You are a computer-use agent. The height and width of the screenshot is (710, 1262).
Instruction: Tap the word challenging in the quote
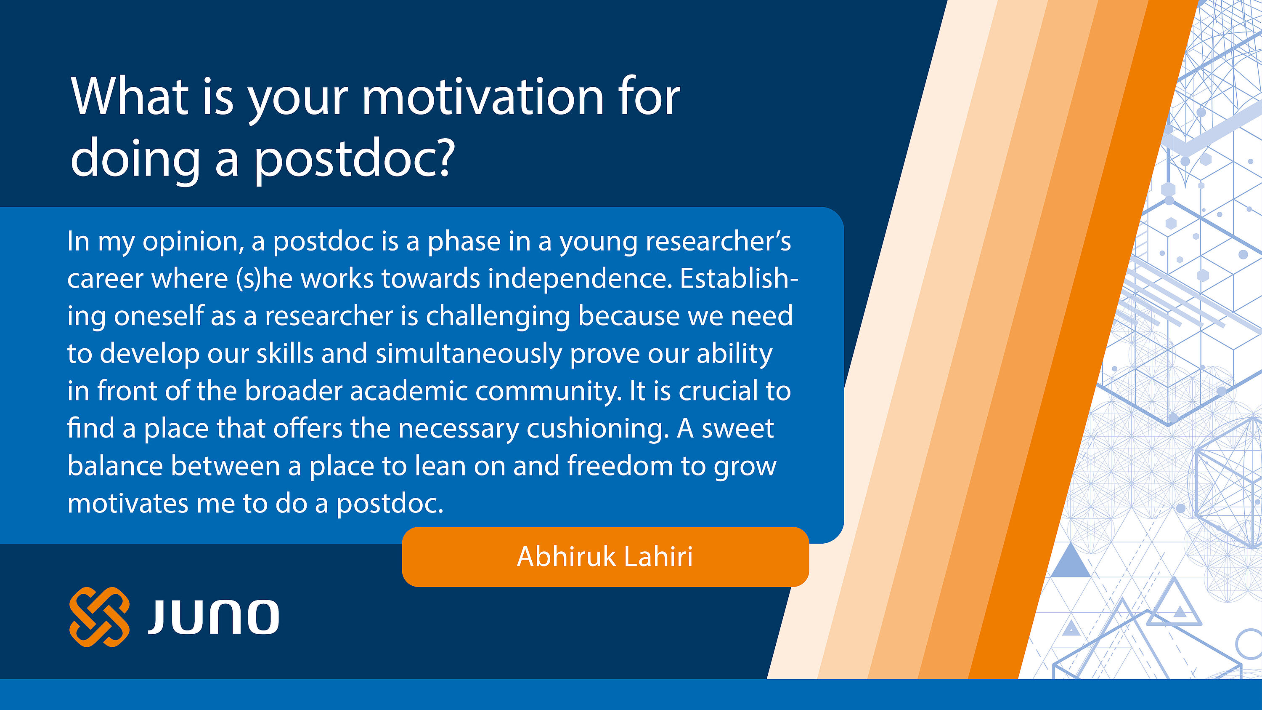[498, 316]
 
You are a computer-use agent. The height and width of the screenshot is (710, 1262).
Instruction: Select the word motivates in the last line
[128, 504]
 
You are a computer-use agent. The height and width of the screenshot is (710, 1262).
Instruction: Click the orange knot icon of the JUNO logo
[99, 617]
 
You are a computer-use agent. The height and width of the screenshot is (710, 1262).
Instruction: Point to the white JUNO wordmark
[214, 617]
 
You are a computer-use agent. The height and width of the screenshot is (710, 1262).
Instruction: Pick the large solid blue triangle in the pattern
[1071, 561]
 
